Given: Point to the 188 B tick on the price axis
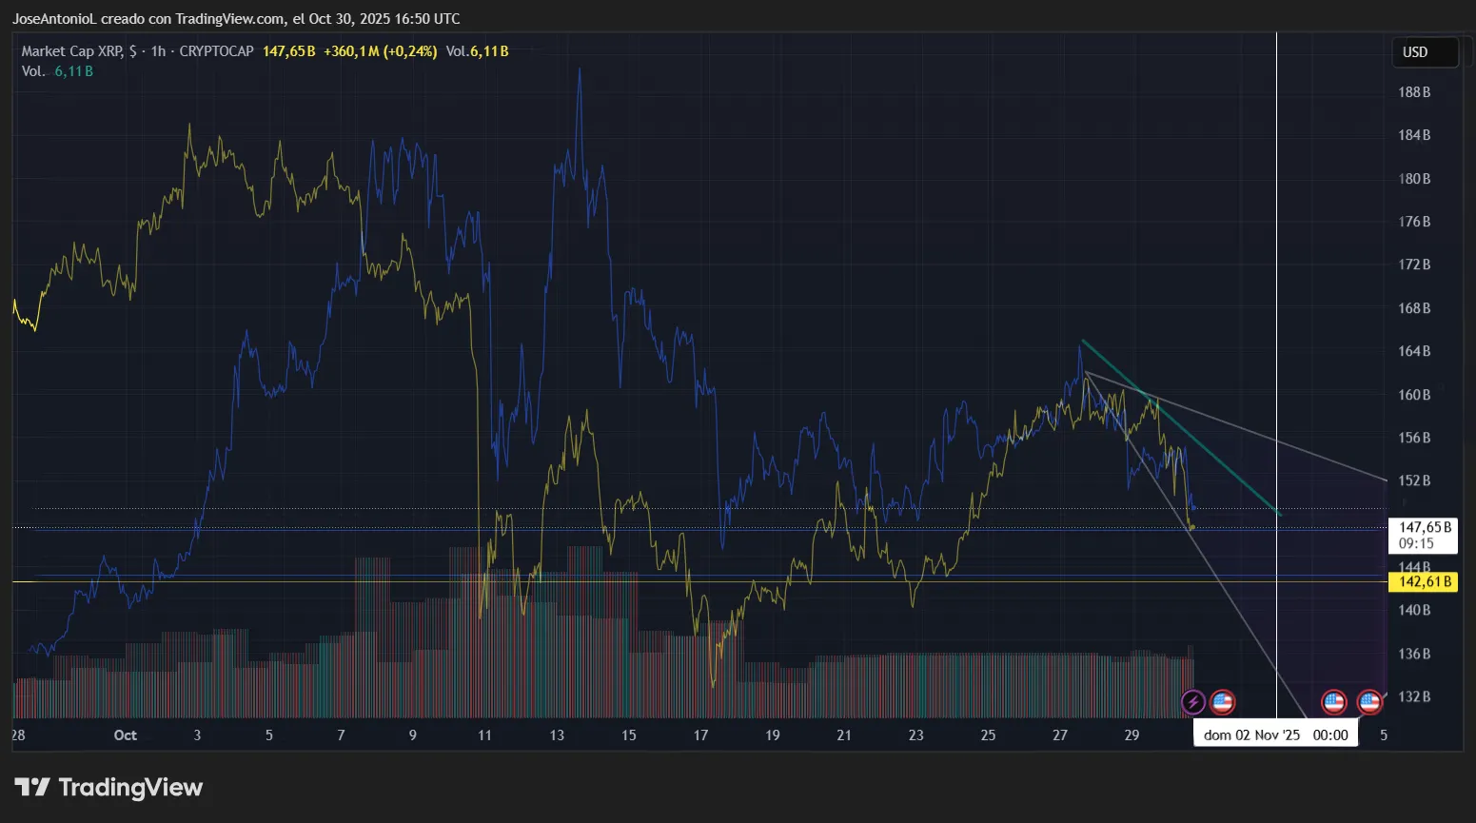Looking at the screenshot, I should (x=1414, y=92).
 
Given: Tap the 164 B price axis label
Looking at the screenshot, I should (x=1414, y=351).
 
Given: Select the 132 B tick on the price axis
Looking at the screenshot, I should (x=1414, y=696).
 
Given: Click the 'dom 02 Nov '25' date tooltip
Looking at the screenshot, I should (x=1275, y=735).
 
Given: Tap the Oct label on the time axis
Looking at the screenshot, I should (x=125, y=735).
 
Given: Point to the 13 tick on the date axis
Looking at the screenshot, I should (x=557, y=735).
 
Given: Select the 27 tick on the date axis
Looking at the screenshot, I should (x=1060, y=735).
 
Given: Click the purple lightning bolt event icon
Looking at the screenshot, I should (x=1193, y=703).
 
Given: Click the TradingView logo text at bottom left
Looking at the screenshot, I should (x=109, y=788).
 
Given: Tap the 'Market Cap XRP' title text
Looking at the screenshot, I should (x=72, y=51).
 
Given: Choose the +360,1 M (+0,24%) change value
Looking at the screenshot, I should (x=380, y=51).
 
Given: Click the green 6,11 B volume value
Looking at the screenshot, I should (x=74, y=71).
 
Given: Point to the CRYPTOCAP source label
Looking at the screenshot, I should (x=216, y=51).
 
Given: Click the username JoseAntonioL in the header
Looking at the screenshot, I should (x=54, y=19).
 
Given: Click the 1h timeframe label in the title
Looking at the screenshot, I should (x=158, y=51).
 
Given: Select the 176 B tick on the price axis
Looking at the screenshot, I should (x=1414, y=222).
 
